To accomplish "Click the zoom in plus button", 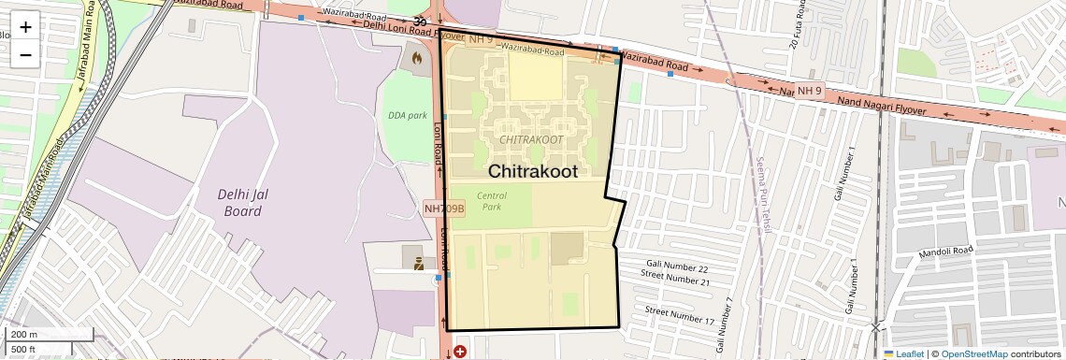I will click(x=25, y=27).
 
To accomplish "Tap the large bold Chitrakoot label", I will click(x=533, y=172).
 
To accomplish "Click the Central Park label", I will click(x=492, y=201).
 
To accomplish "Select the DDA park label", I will click(x=407, y=115).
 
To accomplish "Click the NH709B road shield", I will click(x=443, y=209).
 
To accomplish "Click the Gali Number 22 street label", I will click(x=677, y=268).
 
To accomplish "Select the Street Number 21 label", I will click(x=675, y=281).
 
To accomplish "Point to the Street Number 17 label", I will click(x=680, y=315).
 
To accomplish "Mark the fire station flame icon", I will click(x=415, y=58).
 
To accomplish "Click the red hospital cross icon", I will click(x=459, y=352).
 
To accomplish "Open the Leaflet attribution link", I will click(x=903, y=353).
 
